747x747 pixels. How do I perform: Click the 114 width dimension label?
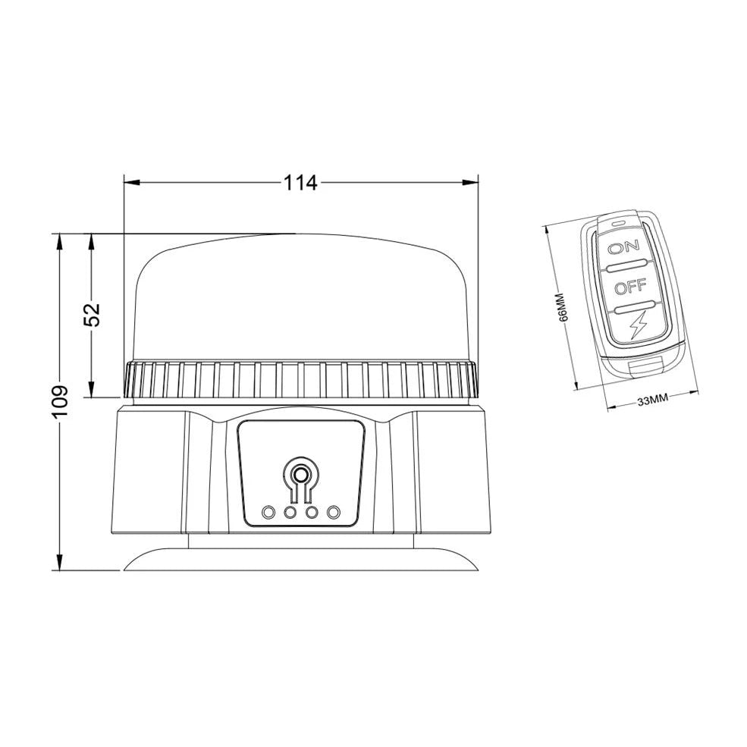[x=300, y=183]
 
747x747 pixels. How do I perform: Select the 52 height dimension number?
[x=92, y=314]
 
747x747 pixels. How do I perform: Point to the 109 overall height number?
[x=60, y=400]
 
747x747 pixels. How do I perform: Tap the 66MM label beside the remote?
[x=562, y=307]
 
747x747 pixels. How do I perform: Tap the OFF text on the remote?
[x=629, y=287]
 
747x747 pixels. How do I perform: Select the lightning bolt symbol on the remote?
[x=636, y=326]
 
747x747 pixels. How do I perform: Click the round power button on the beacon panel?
[x=300, y=476]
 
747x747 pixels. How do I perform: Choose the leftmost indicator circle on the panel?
[x=268, y=513]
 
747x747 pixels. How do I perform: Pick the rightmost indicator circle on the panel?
[x=332, y=513]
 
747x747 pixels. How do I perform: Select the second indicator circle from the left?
[x=290, y=513]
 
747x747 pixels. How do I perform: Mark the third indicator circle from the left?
[x=311, y=513]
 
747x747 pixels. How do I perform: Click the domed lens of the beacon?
[x=300, y=296]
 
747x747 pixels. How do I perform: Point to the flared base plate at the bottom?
[x=300, y=560]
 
